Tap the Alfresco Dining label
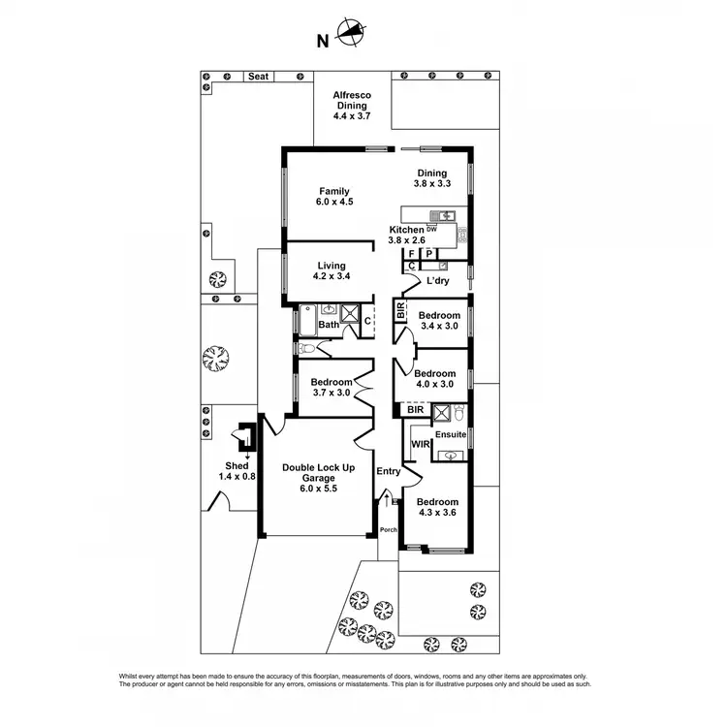point(353,105)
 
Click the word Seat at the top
point(258,76)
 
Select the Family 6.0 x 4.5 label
point(332,197)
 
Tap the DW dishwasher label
point(432,230)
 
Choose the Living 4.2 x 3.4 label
point(332,271)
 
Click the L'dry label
point(436,281)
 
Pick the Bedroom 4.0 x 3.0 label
point(434,379)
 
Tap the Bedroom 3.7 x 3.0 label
point(331,388)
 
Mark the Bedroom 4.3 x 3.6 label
point(437,508)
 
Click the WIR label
point(420,444)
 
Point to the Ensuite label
point(451,435)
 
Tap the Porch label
point(388,529)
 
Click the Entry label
point(389,472)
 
